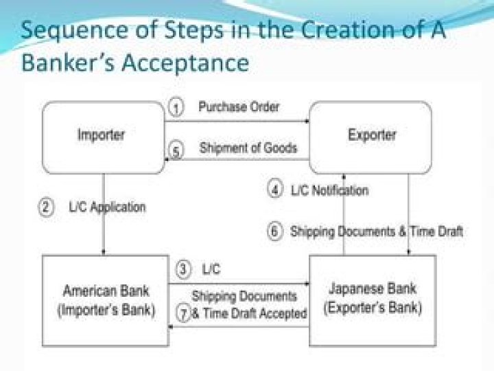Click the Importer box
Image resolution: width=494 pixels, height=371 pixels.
point(104,137)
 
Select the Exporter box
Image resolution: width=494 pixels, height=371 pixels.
point(370,137)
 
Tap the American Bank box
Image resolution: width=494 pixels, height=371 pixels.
point(106,301)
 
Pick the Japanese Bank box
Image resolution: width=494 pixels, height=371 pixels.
point(373,301)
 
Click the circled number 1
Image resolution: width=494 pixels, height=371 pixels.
point(176,108)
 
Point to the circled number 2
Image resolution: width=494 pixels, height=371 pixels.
point(47,208)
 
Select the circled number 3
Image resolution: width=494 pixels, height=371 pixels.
point(183,270)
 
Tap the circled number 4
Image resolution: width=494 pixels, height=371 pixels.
point(275,190)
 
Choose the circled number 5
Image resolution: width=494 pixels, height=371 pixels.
point(176,150)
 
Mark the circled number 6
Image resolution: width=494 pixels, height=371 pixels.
point(275,232)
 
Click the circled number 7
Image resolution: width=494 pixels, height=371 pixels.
point(184,313)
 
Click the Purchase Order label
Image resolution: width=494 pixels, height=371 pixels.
point(239,107)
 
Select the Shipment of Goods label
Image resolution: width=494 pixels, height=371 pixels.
point(248,148)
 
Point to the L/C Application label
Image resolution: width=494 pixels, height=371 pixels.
point(108,207)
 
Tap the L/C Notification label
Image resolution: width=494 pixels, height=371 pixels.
point(329,190)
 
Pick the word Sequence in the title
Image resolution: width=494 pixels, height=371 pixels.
point(75,31)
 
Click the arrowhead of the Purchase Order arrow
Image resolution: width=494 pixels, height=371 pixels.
point(307,121)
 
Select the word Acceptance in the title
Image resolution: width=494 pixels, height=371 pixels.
point(185,63)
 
